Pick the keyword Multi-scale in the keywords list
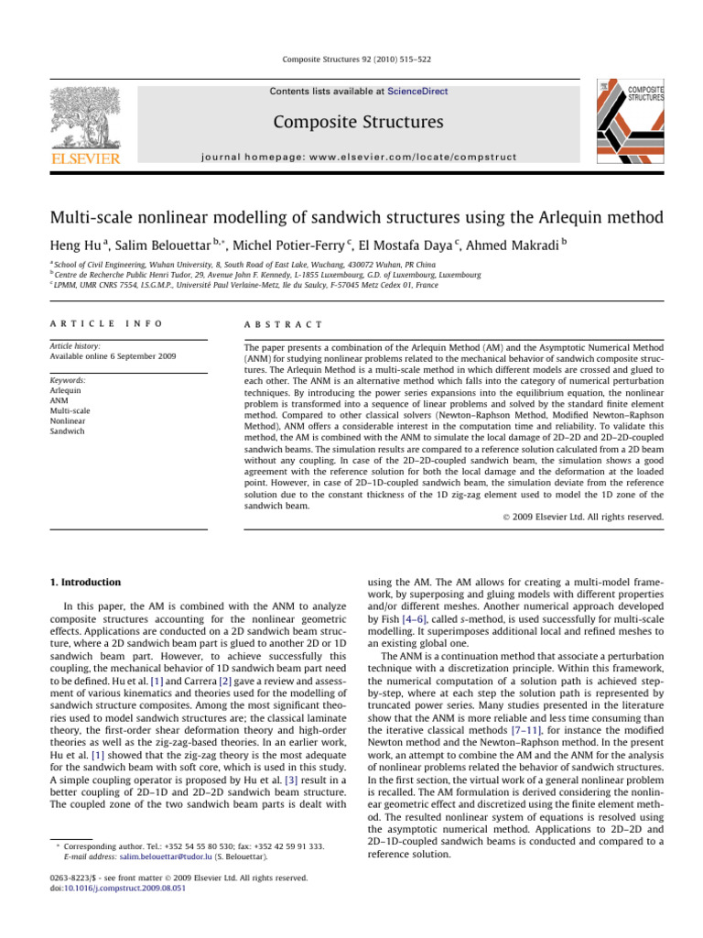68,410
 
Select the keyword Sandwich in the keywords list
66,430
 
